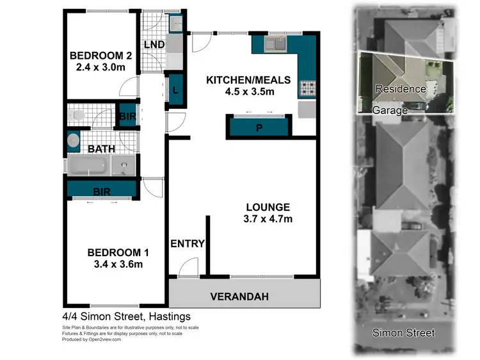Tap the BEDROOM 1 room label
(115, 252)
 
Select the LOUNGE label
(268, 207)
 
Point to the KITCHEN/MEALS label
(248, 80)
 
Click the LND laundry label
(154, 44)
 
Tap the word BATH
(101, 149)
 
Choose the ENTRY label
(188, 243)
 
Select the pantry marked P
(259, 127)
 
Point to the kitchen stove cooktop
(307, 88)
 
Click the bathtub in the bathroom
(90, 167)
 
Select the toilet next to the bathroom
(77, 115)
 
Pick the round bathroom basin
(74, 140)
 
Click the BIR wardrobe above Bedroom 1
(101, 190)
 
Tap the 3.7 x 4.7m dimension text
(268, 220)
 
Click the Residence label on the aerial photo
(400, 89)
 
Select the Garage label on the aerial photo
(390, 110)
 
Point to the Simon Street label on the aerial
(404, 332)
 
